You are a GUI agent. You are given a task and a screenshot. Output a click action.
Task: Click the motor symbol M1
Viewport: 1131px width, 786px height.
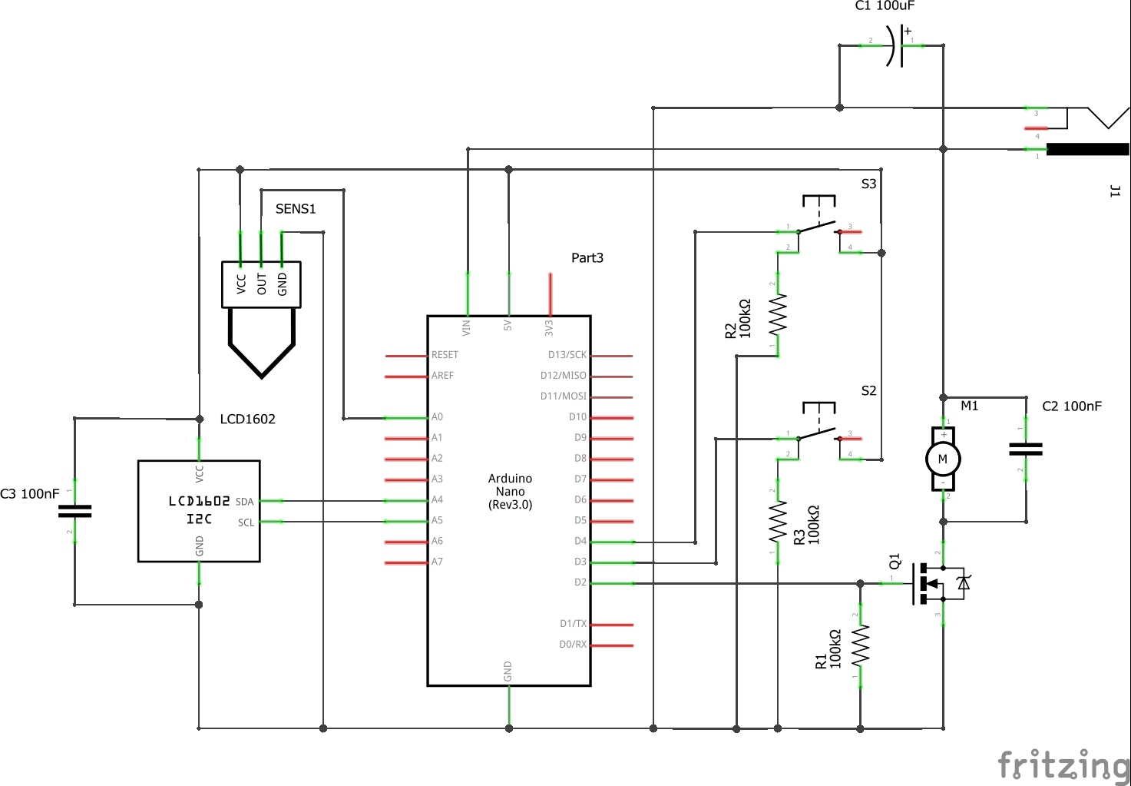pos(943,459)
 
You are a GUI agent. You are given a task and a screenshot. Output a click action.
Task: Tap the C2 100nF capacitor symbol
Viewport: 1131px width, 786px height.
pos(1026,449)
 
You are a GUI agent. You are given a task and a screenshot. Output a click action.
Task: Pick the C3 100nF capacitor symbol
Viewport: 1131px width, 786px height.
pos(74,511)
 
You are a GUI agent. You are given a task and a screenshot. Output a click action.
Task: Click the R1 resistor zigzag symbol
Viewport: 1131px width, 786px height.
pos(860,645)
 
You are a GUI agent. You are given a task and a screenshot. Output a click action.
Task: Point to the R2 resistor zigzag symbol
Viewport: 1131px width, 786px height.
pos(778,314)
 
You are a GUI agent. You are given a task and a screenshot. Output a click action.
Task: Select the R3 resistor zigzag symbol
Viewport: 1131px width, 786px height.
pos(778,522)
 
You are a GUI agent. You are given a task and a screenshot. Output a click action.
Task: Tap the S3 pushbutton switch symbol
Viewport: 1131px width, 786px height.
pos(818,219)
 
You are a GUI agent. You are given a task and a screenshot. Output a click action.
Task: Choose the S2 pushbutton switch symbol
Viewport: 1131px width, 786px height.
pos(818,427)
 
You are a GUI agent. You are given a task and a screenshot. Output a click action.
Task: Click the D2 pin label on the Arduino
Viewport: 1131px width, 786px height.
pos(580,583)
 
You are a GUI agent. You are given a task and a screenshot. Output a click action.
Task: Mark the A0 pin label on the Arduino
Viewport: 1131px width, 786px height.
pos(437,417)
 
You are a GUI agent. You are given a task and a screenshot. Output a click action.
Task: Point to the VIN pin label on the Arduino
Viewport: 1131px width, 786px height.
pos(467,328)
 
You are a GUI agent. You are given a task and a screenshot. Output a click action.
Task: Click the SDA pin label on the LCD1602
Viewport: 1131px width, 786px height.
pos(244,502)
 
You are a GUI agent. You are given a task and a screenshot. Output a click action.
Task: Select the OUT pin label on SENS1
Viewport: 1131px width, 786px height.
pos(261,284)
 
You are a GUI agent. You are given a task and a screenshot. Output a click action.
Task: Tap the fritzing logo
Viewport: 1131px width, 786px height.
pos(1063,764)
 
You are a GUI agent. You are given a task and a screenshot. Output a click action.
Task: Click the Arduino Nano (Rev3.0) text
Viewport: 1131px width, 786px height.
pos(510,492)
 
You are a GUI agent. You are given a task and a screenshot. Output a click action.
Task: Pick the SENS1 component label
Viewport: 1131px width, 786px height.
pos(296,209)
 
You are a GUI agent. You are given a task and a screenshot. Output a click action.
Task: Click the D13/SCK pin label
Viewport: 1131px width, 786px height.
pos(567,355)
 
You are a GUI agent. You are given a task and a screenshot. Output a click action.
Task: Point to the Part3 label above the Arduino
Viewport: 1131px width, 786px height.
pos(587,258)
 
